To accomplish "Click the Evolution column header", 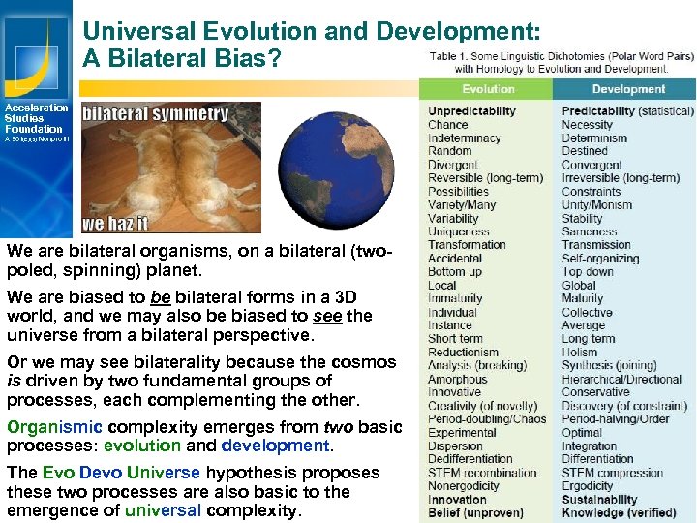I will tap(488, 89).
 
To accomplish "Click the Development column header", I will tap(628, 89).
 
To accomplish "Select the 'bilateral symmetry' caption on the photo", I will tap(156, 113).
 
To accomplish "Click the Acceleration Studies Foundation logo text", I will tap(36, 118).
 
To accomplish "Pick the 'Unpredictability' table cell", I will tap(471, 111).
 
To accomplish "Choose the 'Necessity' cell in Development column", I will tap(587, 125).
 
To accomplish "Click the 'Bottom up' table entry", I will tap(454, 272).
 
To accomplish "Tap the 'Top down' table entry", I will tap(586, 272).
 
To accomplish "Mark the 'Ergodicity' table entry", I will tap(588, 486).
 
